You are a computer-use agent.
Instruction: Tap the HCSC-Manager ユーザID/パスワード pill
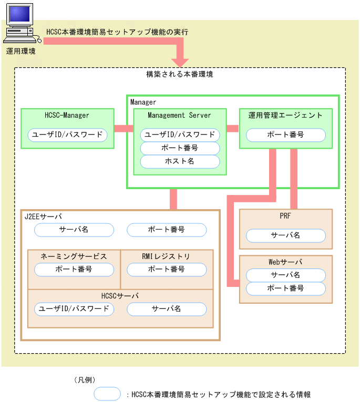[67, 135]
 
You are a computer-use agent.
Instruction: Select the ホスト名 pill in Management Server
[180, 161]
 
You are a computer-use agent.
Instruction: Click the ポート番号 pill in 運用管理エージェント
[285, 135]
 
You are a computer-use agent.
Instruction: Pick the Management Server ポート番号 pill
[180, 148]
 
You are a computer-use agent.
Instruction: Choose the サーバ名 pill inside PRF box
[285, 235]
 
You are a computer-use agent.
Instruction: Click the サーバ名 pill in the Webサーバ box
[285, 275]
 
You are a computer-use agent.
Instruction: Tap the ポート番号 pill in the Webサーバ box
[285, 288]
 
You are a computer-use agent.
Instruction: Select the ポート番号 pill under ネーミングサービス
[74, 269]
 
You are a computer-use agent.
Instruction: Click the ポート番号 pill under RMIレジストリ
[167, 269]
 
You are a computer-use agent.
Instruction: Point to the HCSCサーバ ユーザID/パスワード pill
[74, 308]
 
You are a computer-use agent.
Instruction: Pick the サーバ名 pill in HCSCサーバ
[167, 308]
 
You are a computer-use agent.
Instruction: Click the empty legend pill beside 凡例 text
[108, 393]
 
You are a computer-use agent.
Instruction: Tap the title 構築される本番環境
[179, 75]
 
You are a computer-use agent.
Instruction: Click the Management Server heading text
[179, 115]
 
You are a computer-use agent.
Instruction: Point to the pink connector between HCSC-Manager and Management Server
[124, 128]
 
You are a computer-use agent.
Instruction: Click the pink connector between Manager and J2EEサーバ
[173, 199]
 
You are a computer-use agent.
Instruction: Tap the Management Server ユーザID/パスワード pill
[180, 135]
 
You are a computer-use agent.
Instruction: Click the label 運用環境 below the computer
[21, 51]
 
